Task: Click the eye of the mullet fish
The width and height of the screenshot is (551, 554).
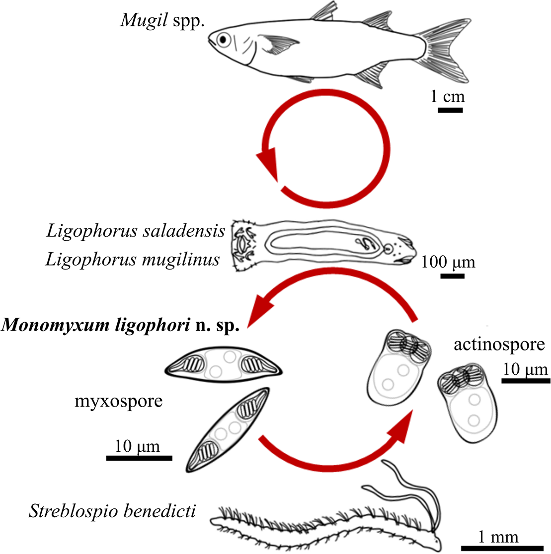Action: point(223,39)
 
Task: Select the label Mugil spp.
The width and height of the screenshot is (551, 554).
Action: point(162,21)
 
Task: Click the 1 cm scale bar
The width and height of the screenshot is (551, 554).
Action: point(450,110)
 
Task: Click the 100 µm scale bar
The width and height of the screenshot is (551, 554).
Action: point(452,276)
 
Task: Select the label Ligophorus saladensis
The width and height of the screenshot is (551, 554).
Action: point(136,231)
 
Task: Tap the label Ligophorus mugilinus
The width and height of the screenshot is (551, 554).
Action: point(133,259)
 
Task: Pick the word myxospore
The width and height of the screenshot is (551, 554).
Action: point(118,401)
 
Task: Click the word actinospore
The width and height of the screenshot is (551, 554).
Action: point(499,344)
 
